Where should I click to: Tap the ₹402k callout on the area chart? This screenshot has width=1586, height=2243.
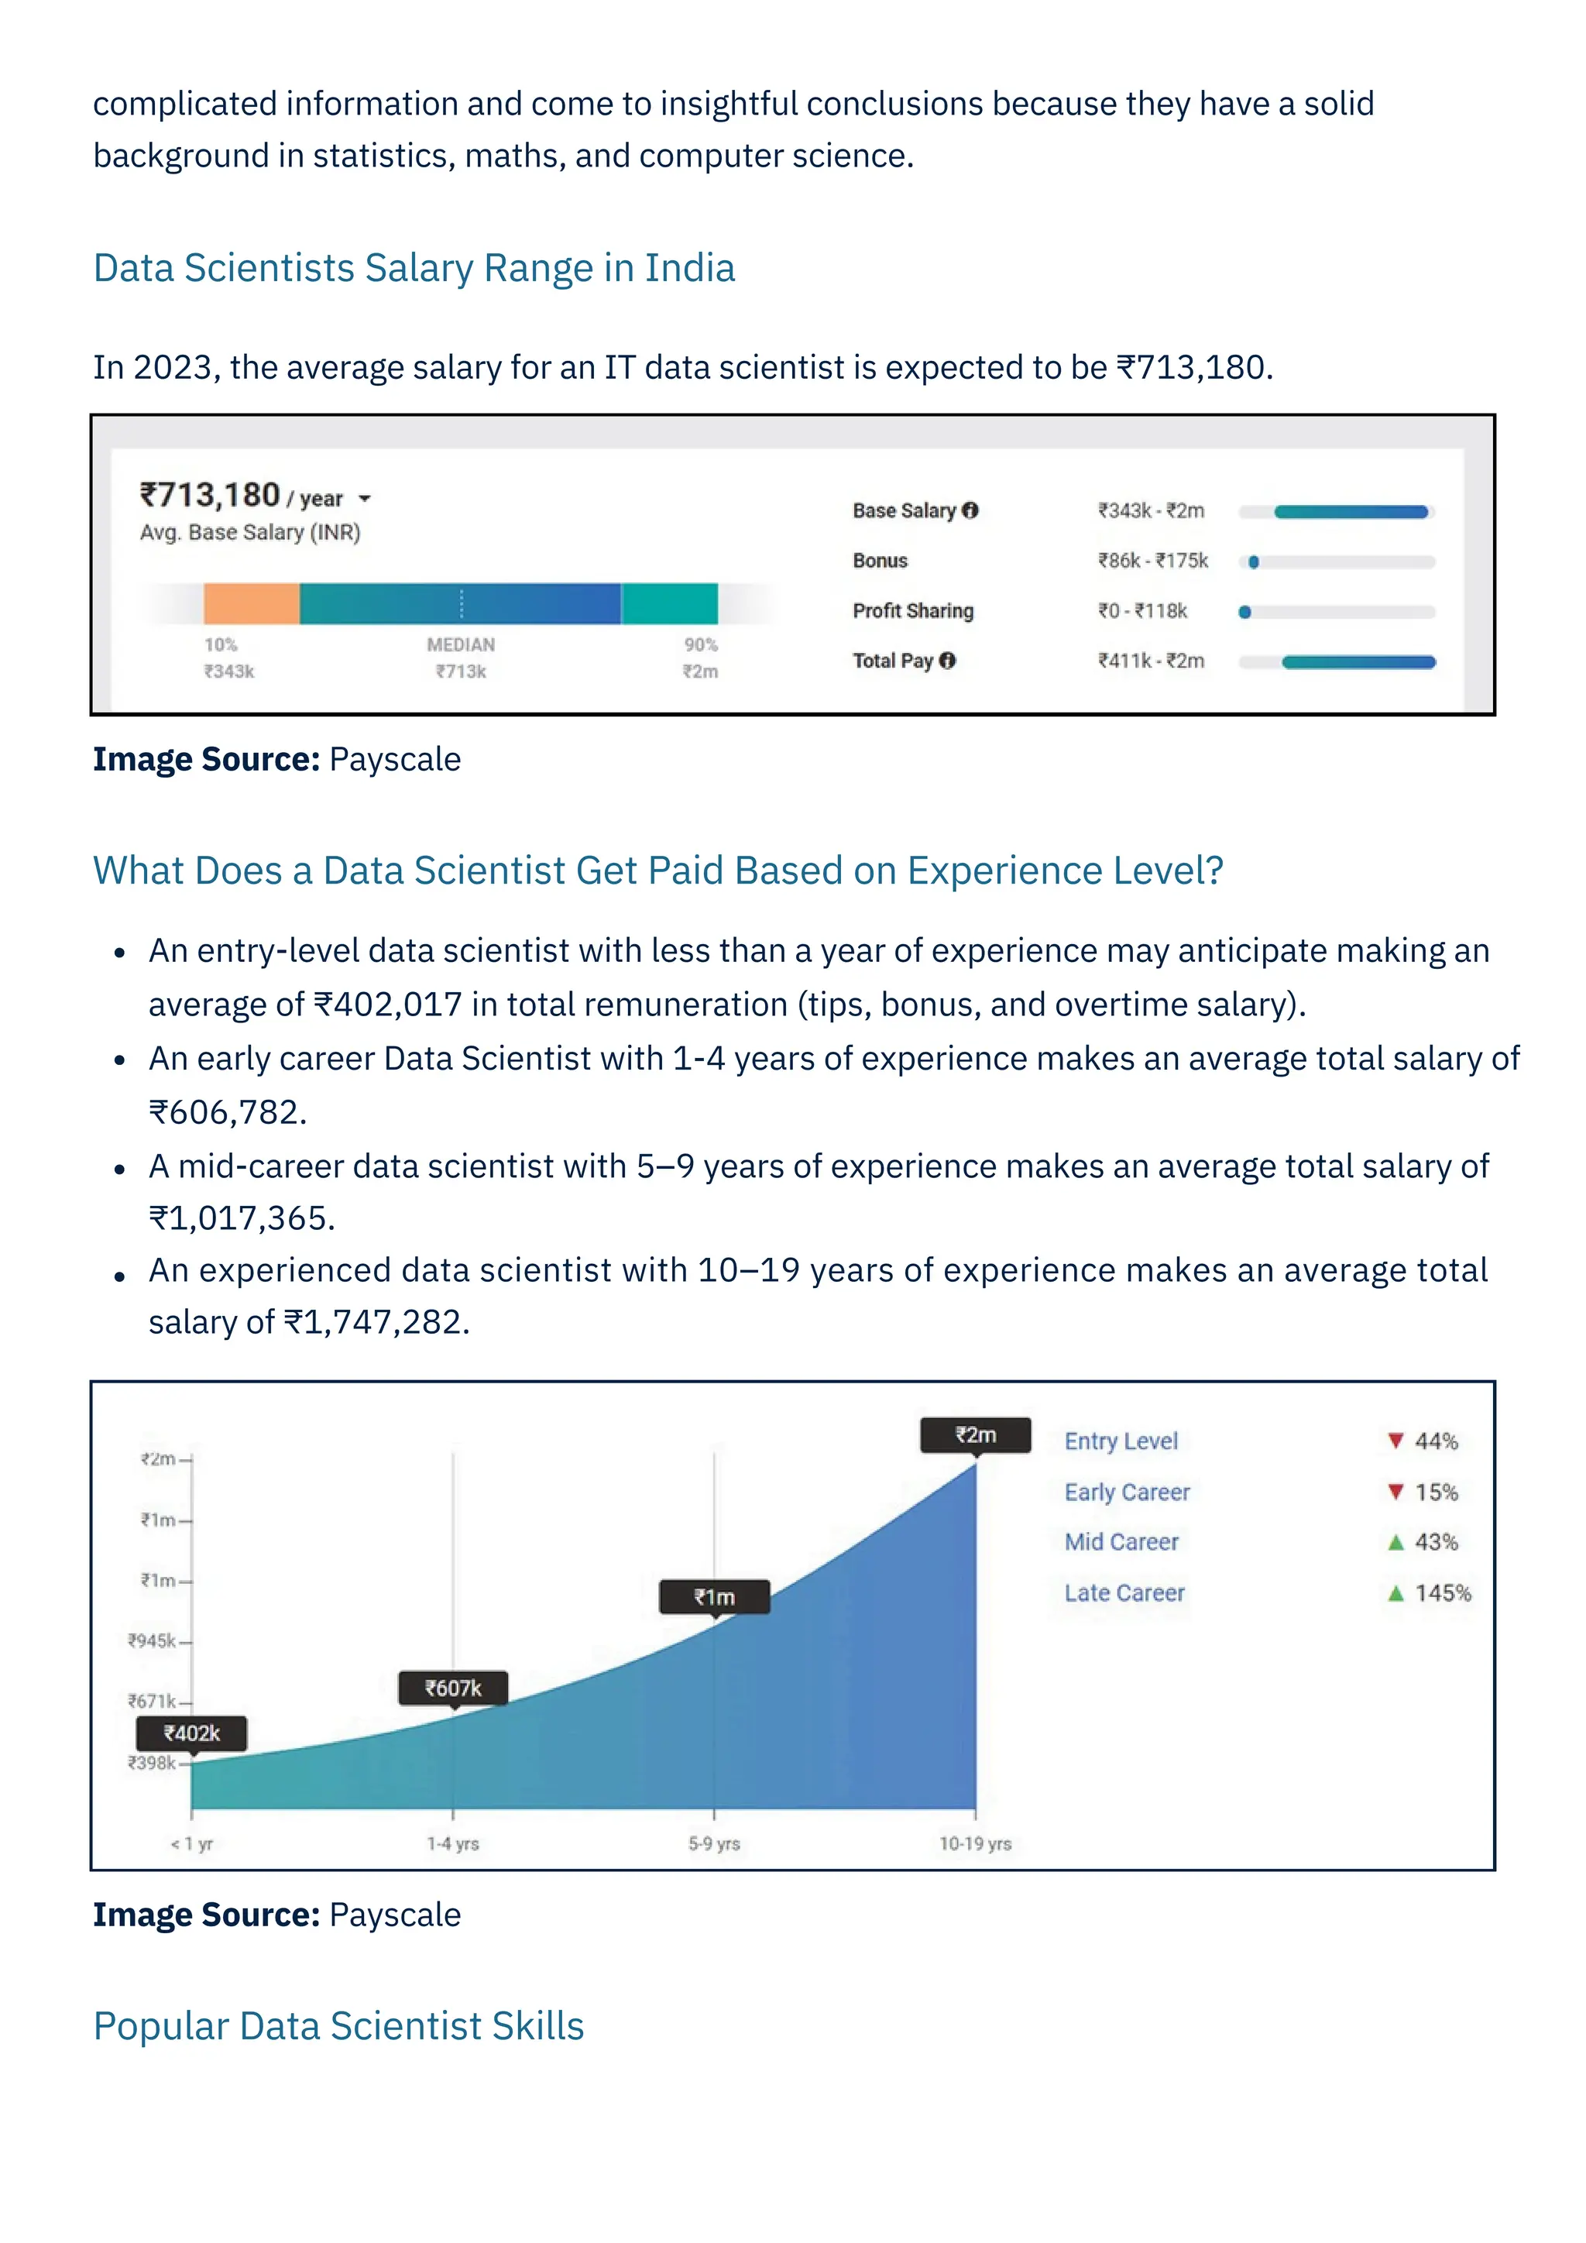(191, 1733)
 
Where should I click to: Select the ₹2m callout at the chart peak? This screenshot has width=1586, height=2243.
(975, 1434)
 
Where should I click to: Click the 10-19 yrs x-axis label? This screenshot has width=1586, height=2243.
(975, 1843)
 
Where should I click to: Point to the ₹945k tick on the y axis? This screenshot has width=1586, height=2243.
(153, 1640)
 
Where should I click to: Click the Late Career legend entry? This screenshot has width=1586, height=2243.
(1124, 1592)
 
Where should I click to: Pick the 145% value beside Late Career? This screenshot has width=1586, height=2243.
(1443, 1592)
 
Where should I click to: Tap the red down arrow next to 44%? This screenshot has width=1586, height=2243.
(1395, 1440)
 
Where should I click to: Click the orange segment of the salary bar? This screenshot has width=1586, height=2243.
(251, 603)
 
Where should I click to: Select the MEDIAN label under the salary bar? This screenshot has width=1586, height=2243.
(461, 644)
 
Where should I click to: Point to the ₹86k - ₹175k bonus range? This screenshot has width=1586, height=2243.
(1152, 561)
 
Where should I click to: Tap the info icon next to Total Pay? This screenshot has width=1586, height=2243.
(947, 661)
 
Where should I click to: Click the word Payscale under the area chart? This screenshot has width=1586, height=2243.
(394, 1914)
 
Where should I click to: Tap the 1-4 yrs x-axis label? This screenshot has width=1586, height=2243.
(453, 1843)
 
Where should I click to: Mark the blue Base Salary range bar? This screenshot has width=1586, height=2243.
(1351, 512)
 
